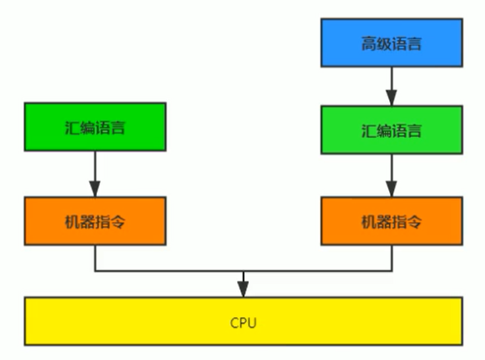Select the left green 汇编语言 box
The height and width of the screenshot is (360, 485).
(95, 128)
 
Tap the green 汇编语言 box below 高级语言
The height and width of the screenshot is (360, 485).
(391, 130)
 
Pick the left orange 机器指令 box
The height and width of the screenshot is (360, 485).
(95, 222)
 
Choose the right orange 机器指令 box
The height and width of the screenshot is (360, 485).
(391, 222)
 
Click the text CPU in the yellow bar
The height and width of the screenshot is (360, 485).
(243, 321)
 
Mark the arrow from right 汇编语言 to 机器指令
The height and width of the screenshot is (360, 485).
(391, 175)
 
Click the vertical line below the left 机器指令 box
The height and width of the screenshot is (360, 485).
(95, 259)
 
